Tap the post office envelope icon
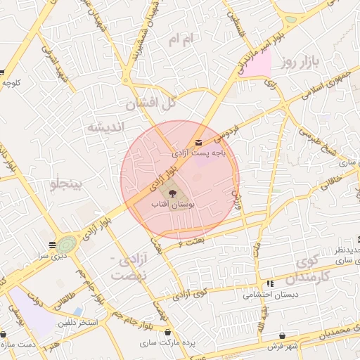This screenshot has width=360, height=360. tap(199, 143)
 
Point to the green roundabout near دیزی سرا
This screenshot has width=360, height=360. tap(66, 245)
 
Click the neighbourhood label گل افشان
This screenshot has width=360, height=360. tap(150, 104)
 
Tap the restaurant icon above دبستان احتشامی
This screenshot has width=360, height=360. tap(269, 283)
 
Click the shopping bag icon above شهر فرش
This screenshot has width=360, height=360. tap(282, 336)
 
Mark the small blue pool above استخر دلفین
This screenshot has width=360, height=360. tap(78, 310)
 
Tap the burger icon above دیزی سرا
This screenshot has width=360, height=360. tap(53, 245)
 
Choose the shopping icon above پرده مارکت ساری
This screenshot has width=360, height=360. tap(167, 331)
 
